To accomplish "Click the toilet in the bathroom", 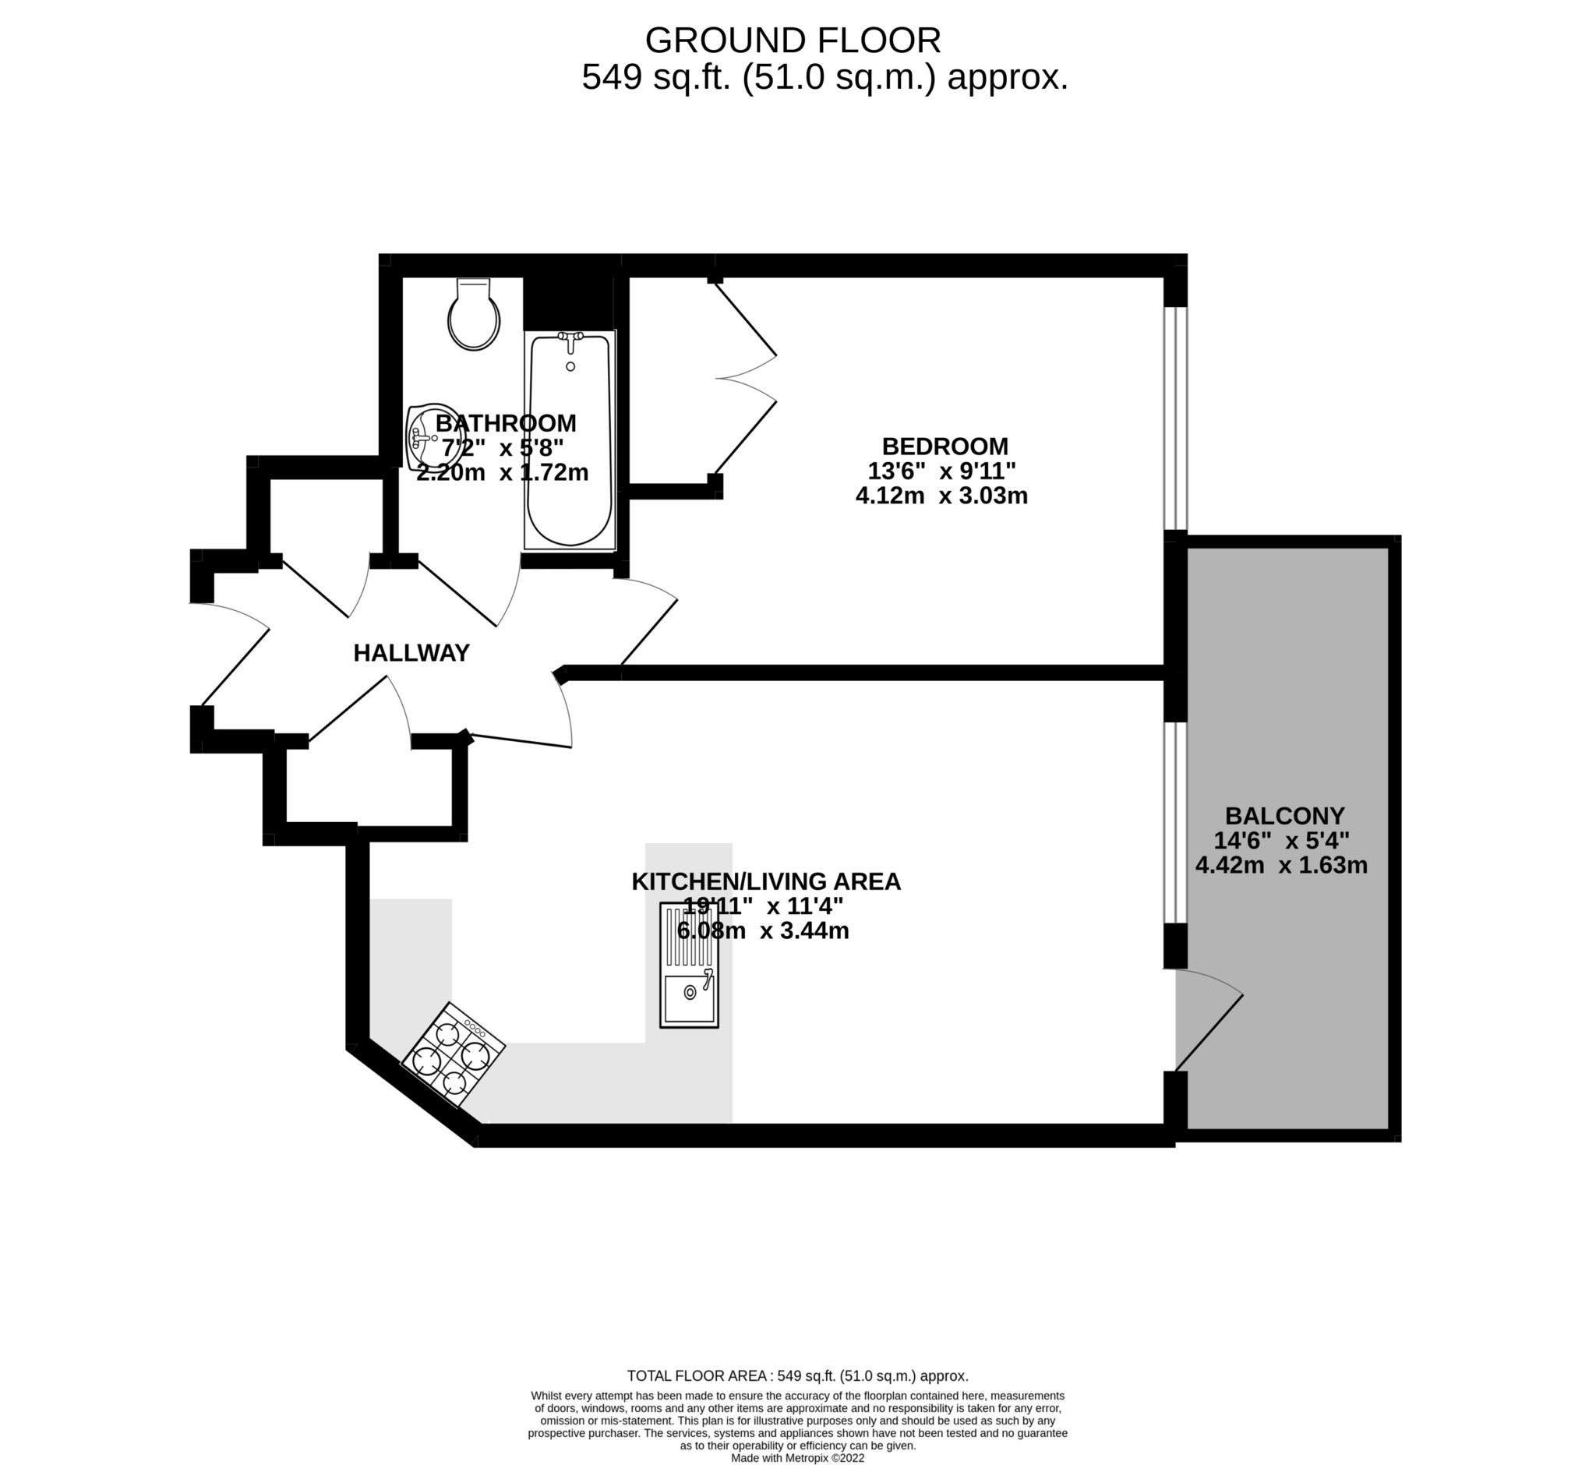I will (x=473, y=318).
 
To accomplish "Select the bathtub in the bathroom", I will (x=569, y=441).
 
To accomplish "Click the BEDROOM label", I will (x=945, y=446).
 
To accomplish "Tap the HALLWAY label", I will (x=411, y=652).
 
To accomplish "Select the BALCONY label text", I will (x=1284, y=816).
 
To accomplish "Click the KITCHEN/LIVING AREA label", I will (x=766, y=881).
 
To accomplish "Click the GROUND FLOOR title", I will (x=793, y=40).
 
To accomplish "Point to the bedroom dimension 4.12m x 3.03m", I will (x=941, y=496).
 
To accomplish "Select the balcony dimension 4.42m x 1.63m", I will (x=1281, y=866).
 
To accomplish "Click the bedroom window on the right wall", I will (x=1175, y=418).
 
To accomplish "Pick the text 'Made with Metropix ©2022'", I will (x=797, y=1458).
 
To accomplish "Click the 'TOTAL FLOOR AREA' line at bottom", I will (x=797, y=1376).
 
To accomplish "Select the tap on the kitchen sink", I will (x=708, y=976).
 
